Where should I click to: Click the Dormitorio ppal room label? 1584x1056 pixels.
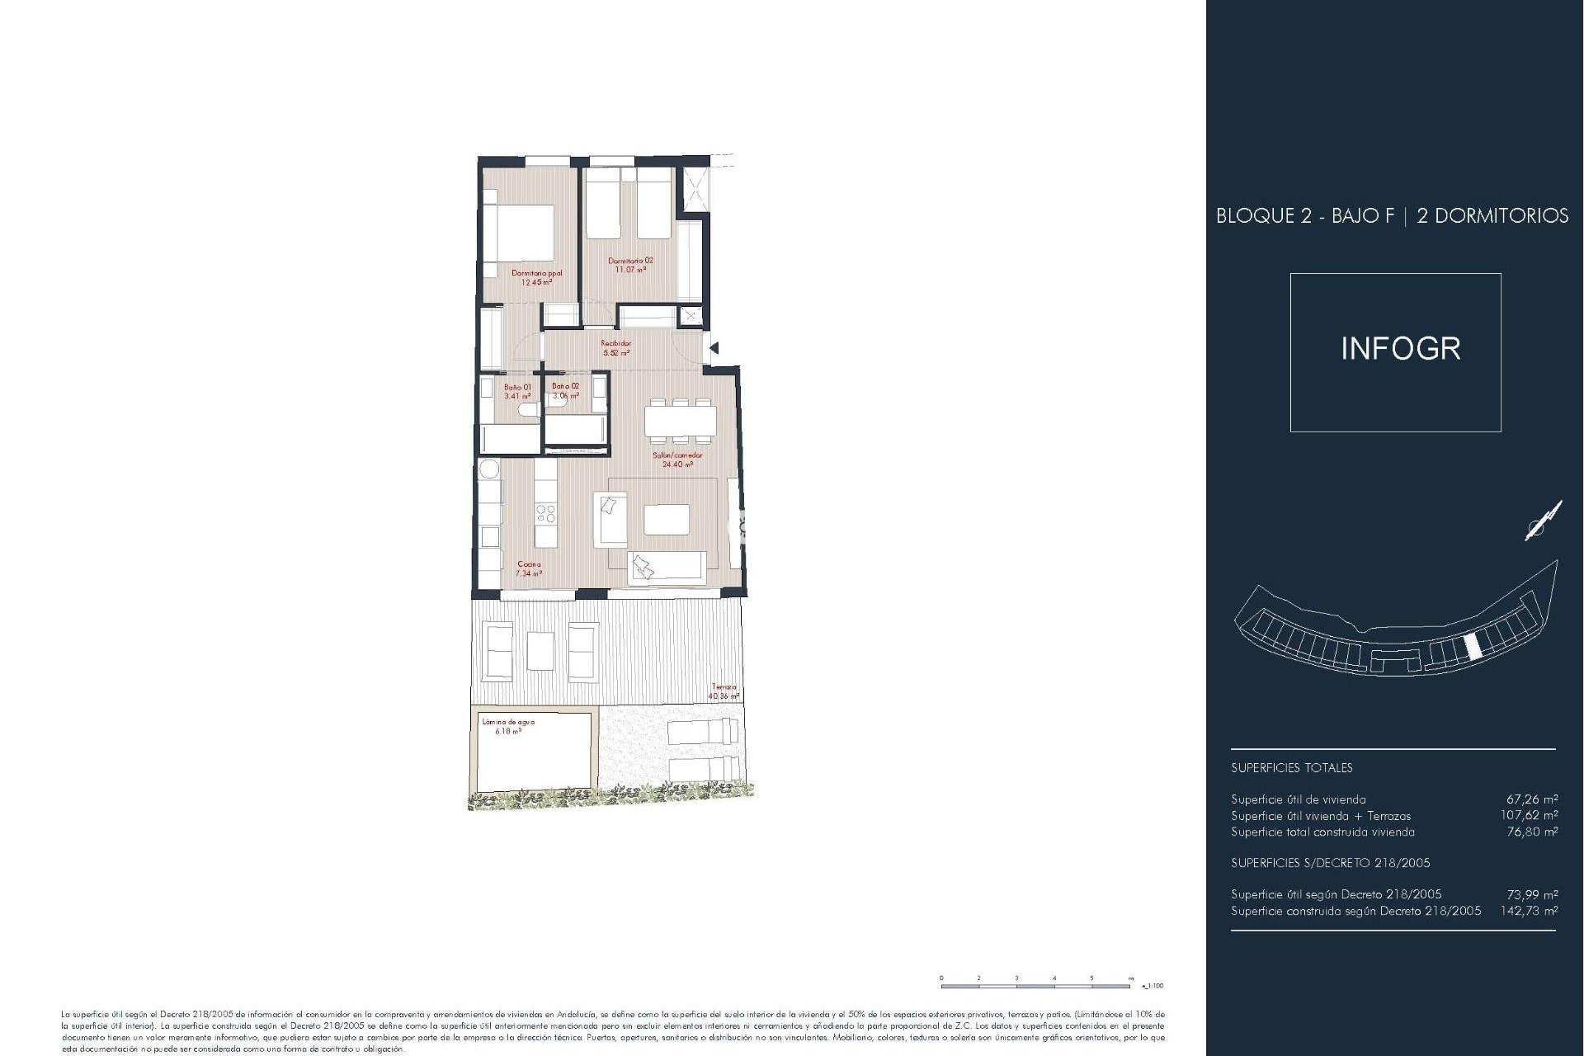click(x=536, y=277)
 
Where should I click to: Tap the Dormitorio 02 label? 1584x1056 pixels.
click(x=630, y=265)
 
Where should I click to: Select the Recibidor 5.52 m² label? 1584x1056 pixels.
click(x=616, y=348)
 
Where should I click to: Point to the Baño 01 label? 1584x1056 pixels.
click(x=517, y=391)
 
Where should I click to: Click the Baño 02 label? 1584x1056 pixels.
click(x=565, y=390)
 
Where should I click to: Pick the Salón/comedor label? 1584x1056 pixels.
click(x=677, y=460)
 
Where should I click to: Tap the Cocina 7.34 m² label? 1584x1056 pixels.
click(x=529, y=568)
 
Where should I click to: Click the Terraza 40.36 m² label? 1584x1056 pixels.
click(x=724, y=691)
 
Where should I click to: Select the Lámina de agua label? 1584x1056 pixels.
click(x=508, y=726)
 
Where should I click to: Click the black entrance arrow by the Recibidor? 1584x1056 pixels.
click(x=714, y=348)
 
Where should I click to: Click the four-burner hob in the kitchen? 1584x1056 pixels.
click(x=545, y=514)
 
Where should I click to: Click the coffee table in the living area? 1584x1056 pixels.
click(x=667, y=520)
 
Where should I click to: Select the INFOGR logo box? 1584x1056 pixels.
click(x=1395, y=352)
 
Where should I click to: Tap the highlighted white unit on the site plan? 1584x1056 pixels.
click(x=1471, y=648)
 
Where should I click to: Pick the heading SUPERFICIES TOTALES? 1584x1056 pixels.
click(x=1291, y=768)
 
